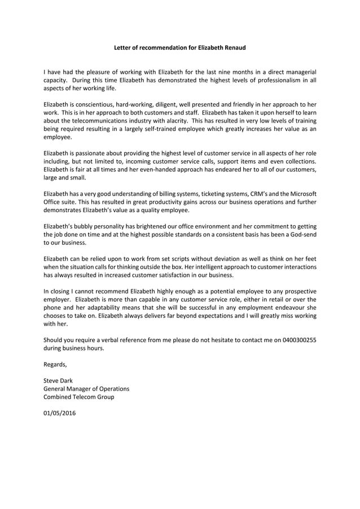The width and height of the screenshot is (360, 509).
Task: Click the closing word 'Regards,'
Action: click(55, 365)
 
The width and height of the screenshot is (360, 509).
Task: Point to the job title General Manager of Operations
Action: click(86, 389)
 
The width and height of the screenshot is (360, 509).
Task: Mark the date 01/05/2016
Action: click(60, 414)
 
